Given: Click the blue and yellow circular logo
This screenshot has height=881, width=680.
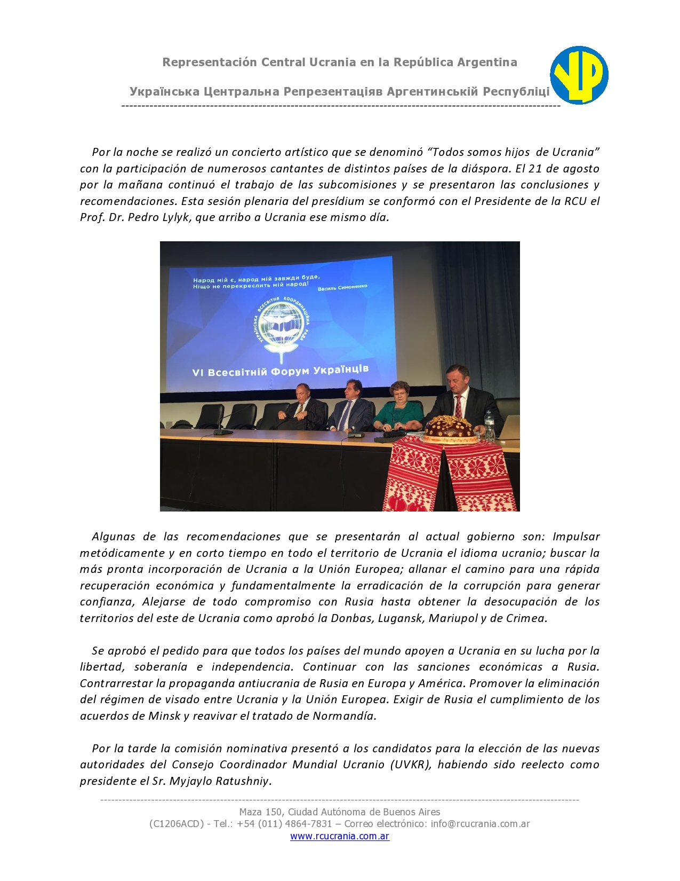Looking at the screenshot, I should click(579, 75).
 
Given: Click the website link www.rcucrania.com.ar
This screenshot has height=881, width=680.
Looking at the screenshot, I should click(340, 836).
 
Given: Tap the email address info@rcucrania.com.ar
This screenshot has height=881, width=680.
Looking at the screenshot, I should click(480, 823).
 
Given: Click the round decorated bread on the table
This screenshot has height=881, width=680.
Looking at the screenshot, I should click(448, 428).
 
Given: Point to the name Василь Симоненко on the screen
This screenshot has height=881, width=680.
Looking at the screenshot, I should click(342, 287).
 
